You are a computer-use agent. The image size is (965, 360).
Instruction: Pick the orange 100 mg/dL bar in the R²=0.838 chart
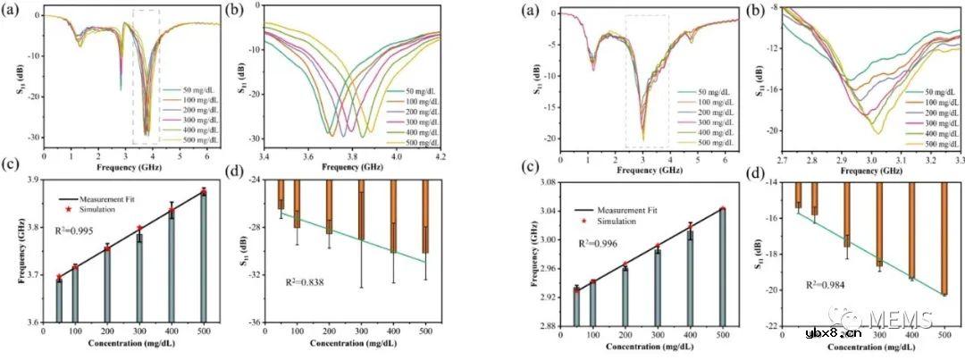(298, 204)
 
